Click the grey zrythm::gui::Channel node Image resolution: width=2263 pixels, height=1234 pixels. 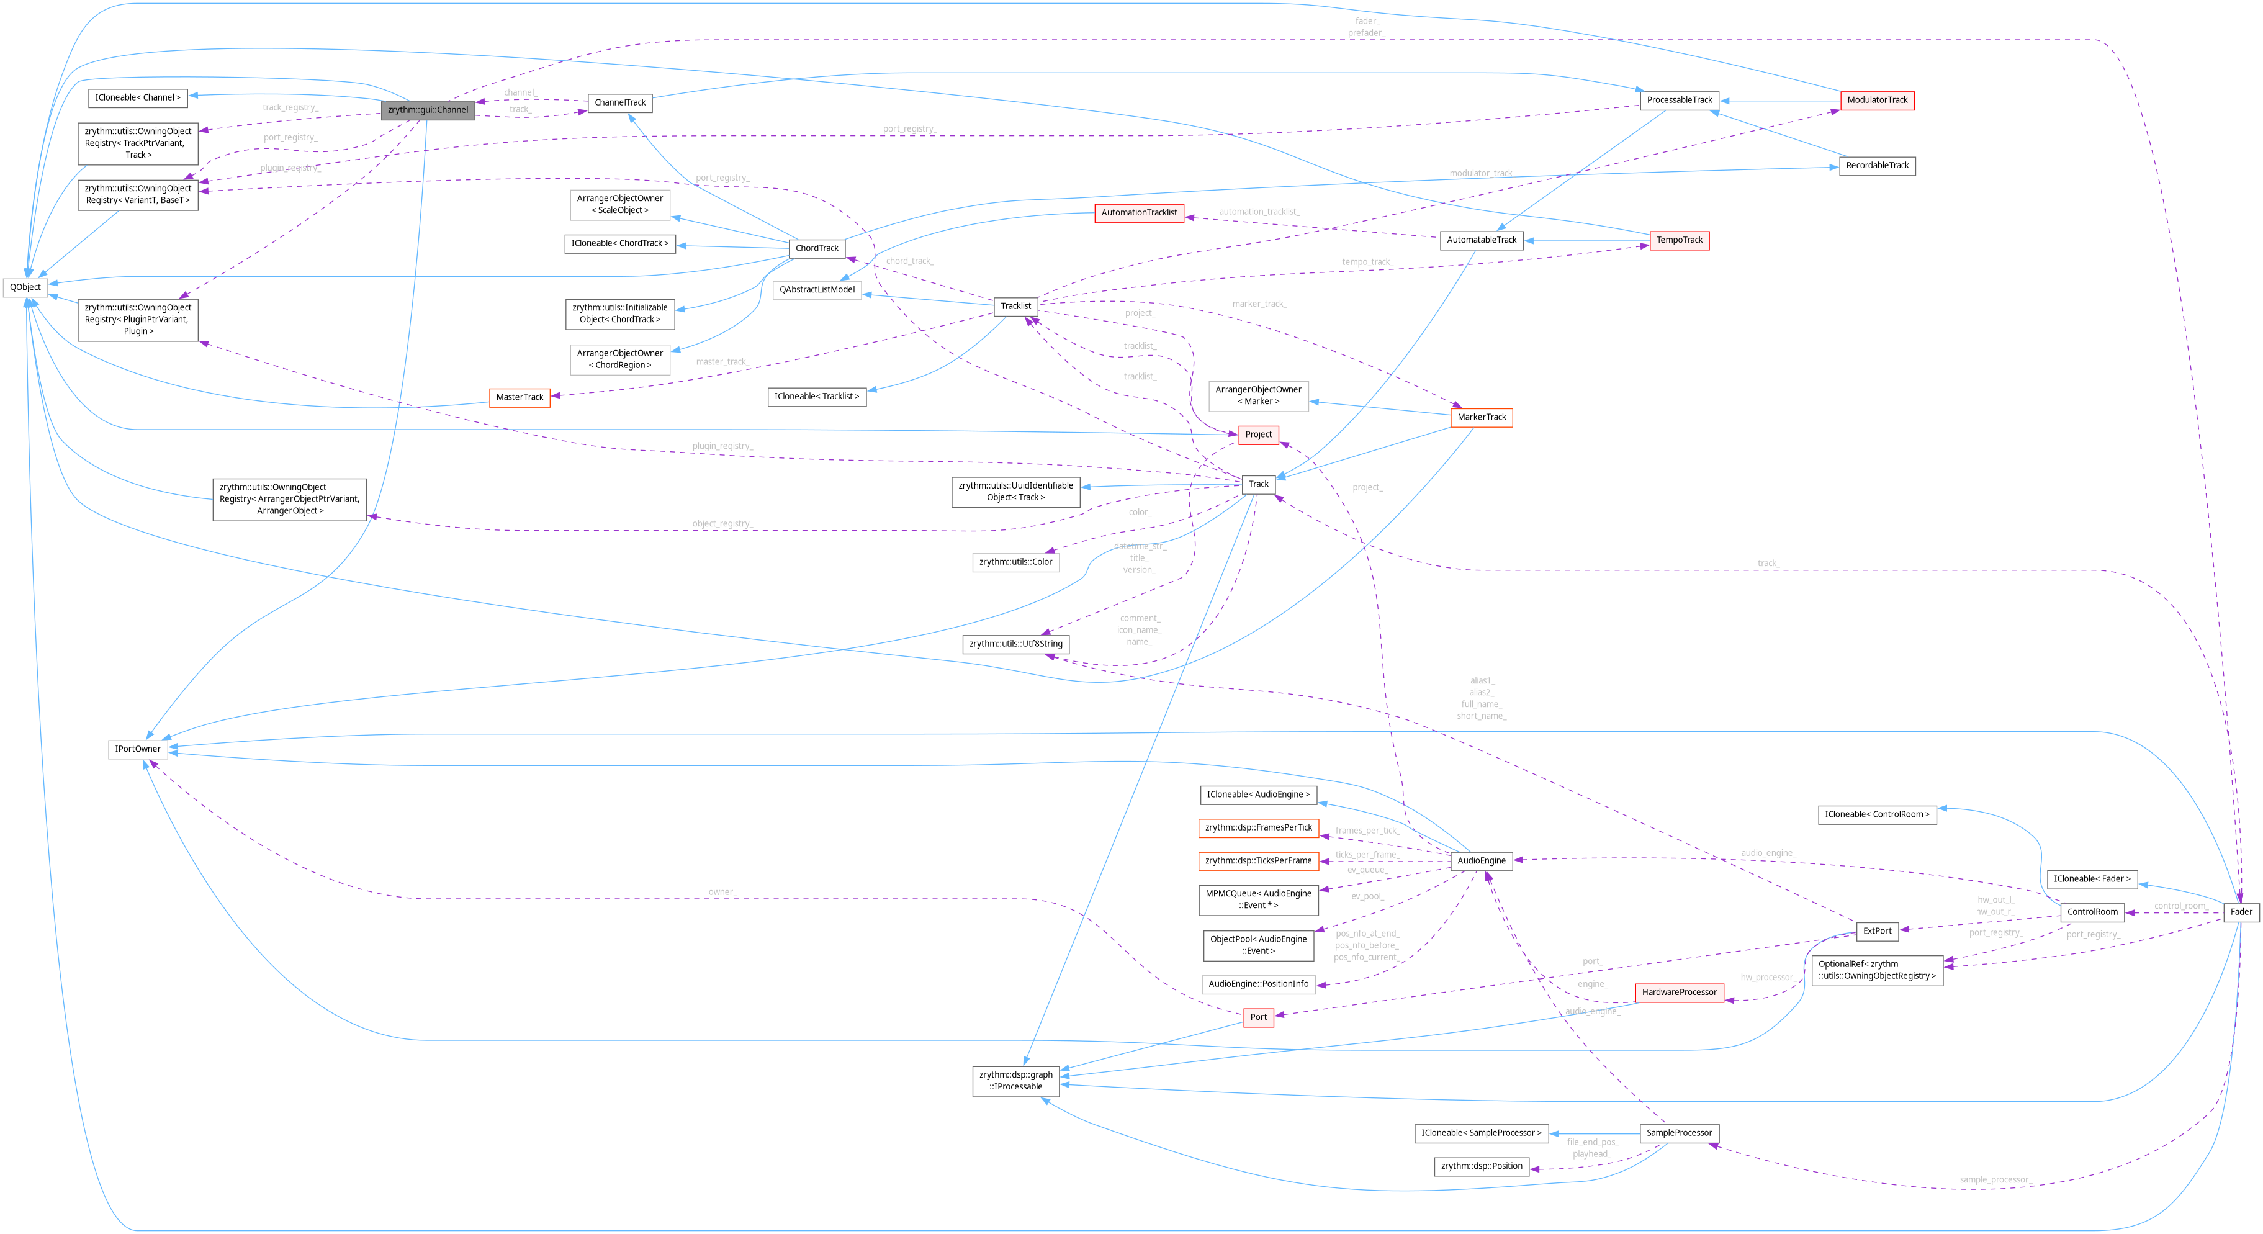[x=428, y=110]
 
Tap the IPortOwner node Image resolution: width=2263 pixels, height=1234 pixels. [x=138, y=749]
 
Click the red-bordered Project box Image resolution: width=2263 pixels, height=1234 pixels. [x=1258, y=435]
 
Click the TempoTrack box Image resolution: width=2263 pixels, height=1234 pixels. [x=1679, y=240]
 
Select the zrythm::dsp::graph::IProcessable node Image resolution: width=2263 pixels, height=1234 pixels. [x=1015, y=1080]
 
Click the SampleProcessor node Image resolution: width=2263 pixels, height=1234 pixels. [x=1679, y=1133]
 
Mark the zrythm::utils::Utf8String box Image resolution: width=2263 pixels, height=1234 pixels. [x=1015, y=644]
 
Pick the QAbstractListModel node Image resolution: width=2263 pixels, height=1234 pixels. [x=817, y=290]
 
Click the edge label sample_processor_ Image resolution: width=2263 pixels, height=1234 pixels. [x=1995, y=1179]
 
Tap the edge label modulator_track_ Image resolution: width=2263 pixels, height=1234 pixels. [x=1481, y=173]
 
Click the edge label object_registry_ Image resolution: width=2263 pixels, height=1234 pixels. [x=722, y=523]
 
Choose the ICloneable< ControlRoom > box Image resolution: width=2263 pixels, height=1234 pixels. [x=1876, y=814]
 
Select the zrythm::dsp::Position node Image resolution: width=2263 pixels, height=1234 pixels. [x=1481, y=1166]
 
